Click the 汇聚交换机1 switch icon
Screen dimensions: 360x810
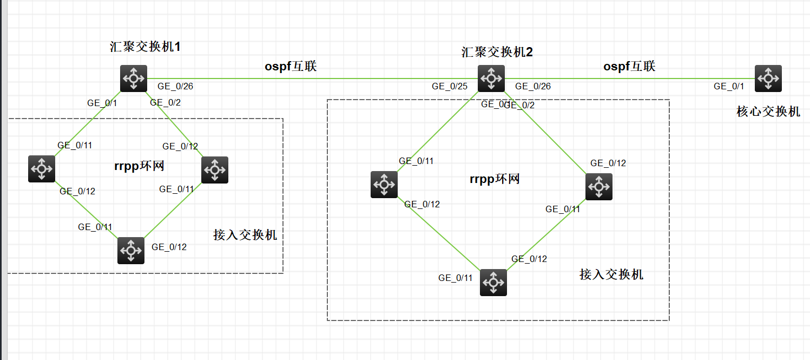click(x=134, y=78)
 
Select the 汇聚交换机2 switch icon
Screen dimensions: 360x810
click(x=491, y=78)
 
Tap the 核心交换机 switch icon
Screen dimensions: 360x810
click(x=768, y=78)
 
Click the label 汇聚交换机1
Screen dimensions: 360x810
click(x=144, y=47)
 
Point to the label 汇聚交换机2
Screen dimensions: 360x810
click(x=497, y=52)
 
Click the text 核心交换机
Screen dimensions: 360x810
click(x=768, y=112)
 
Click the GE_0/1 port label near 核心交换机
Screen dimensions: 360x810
click(x=729, y=86)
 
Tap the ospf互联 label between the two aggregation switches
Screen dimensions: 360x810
click(x=291, y=67)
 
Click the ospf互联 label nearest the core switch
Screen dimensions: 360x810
click(x=629, y=67)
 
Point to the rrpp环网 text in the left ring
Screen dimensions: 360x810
click(x=139, y=166)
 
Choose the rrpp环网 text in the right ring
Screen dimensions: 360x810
click(x=495, y=179)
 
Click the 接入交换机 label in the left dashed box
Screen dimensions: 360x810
click(x=245, y=235)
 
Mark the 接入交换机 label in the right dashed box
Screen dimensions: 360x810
click(x=611, y=274)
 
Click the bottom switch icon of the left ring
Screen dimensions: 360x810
click(x=131, y=251)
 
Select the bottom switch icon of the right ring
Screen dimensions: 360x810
click(x=493, y=283)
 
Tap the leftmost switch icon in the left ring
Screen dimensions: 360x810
click(x=42, y=169)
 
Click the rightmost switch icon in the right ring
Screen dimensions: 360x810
click(x=599, y=187)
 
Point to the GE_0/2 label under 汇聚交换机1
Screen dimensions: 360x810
click(x=164, y=102)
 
